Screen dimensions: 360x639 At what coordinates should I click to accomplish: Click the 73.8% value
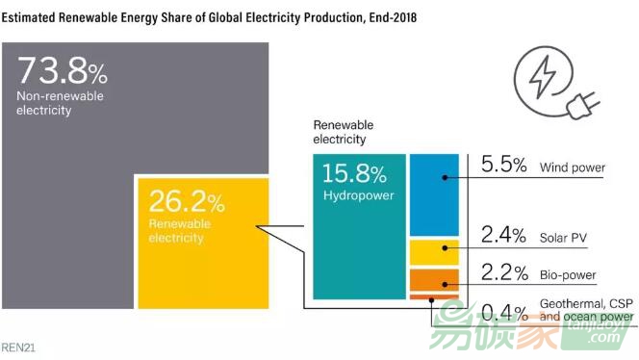pos(64,72)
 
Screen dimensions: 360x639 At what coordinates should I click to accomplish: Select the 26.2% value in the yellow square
pos(187,202)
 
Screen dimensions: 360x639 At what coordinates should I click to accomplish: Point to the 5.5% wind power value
pos(503,166)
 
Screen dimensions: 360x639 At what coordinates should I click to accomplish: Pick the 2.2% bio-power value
pos(503,273)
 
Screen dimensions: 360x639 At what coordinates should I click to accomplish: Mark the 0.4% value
pos(503,313)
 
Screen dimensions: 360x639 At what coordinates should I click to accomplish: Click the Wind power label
pos(573,167)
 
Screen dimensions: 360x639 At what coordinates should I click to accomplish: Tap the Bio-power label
pos(568,275)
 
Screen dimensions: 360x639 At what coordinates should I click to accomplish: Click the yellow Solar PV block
pos(434,252)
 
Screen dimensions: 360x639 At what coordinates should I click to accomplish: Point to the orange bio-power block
pos(434,280)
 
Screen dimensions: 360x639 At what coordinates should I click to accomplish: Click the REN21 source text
pos(19,343)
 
